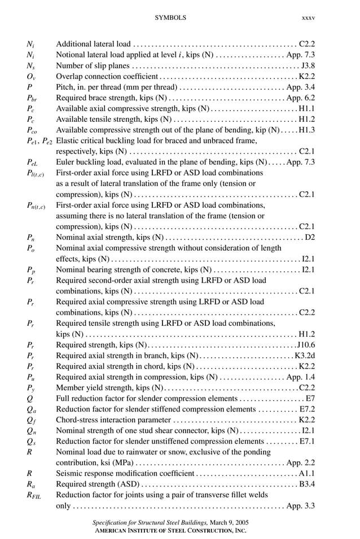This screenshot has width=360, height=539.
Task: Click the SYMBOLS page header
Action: click(170, 18)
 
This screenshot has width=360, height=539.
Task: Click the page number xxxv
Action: click(308, 18)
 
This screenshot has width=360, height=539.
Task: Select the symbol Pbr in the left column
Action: click(32, 98)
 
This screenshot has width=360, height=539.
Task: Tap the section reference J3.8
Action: click(308, 65)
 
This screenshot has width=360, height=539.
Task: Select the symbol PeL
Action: click(33, 163)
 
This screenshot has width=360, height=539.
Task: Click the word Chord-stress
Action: click(76, 420)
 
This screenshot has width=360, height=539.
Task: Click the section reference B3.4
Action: click(307, 484)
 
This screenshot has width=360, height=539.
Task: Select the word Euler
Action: click(65, 162)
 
